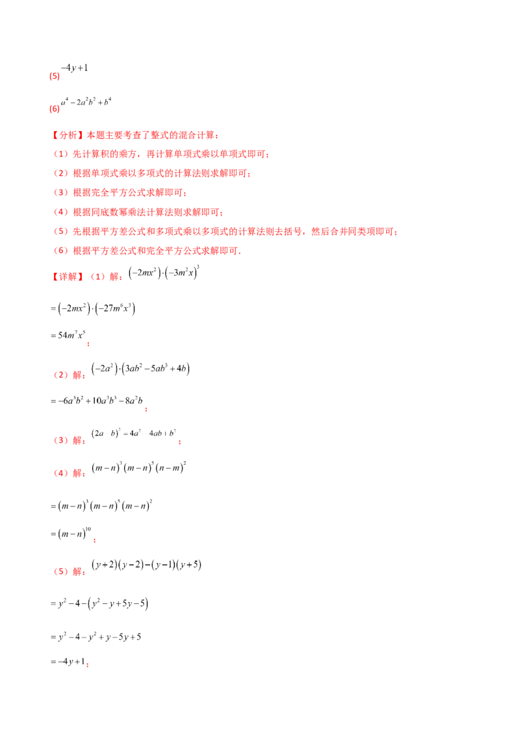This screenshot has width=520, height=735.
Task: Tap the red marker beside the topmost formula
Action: click(56, 77)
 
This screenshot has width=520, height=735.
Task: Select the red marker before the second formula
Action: click(56, 110)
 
